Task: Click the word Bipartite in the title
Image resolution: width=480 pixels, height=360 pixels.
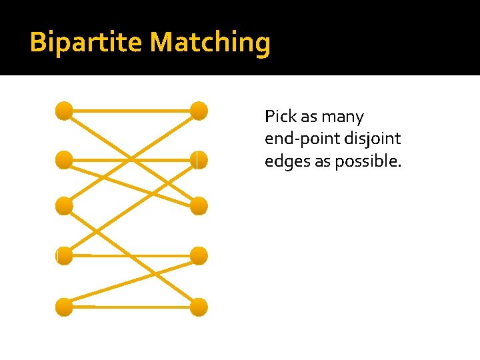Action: [x=87, y=43]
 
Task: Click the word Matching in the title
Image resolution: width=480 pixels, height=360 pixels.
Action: [x=211, y=43]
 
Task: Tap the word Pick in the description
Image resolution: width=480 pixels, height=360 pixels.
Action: [x=276, y=117]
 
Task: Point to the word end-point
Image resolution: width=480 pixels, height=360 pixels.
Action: [x=299, y=139]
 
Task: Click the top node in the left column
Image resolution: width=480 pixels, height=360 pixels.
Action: [x=64, y=111]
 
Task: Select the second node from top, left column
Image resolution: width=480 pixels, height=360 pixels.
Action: [x=64, y=160]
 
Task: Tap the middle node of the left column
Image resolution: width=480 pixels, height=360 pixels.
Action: [x=64, y=206]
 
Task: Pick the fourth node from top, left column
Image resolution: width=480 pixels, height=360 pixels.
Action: [x=64, y=255]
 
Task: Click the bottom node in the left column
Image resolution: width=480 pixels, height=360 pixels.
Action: [x=64, y=307]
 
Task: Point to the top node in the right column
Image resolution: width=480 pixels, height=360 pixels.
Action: [x=199, y=111]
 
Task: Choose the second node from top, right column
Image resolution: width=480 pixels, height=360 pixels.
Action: [x=199, y=160]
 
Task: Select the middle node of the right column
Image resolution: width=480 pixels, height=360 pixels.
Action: [x=199, y=206]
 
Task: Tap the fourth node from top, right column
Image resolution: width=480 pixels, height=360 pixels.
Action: [x=199, y=255]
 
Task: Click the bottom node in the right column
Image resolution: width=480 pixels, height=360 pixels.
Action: [x=199, y=307]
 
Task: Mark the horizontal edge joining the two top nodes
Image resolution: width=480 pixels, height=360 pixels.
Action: [x=131, y=111]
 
